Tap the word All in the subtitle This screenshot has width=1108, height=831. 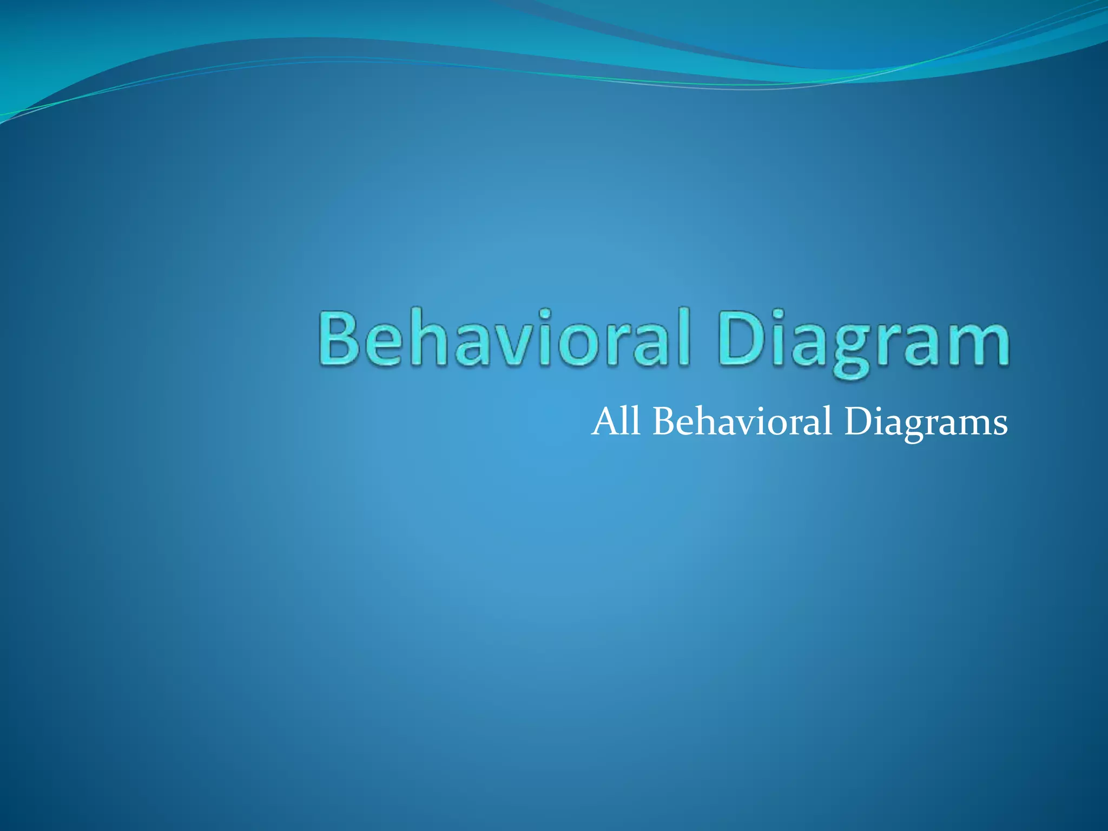pos(616,421)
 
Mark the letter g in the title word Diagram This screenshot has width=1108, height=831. pos(852,349)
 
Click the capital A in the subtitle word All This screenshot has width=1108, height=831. pos(605,421)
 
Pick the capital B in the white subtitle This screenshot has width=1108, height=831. pos(665,421)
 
